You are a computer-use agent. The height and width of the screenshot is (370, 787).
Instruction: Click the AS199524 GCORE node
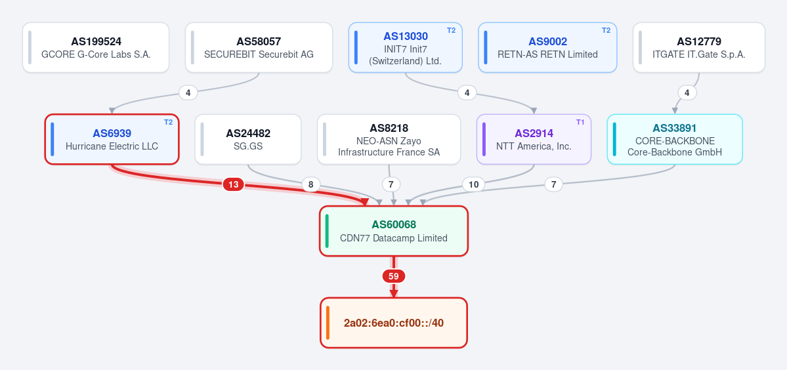(96, 48)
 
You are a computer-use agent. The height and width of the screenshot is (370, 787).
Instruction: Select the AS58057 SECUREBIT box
(259, 48)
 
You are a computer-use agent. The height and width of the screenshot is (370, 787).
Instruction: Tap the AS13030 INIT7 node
(406, 48)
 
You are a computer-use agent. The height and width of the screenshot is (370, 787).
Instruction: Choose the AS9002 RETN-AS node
(547, 48)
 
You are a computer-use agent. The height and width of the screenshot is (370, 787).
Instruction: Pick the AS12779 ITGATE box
(699, 48)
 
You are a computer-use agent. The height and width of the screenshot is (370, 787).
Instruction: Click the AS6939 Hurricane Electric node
(112, 139)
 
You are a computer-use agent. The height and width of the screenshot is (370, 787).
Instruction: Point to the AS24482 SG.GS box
(248, 139)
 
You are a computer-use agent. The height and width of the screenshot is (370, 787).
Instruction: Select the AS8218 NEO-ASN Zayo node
(389, 139)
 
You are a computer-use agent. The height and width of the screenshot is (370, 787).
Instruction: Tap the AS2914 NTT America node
(534, 139)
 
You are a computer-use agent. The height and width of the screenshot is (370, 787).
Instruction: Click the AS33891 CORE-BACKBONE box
(675, 139)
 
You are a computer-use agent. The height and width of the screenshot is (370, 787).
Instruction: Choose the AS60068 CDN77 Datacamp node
(394, 231)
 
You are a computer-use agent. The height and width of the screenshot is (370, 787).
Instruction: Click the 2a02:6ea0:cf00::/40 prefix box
(394, 323)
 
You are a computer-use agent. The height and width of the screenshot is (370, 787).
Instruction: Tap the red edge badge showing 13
(234, 184)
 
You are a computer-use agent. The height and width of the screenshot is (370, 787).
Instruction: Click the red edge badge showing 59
(394, 276)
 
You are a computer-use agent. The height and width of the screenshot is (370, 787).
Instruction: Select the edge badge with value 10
(473, 184)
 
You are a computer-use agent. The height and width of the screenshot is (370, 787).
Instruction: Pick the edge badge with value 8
(310, 184)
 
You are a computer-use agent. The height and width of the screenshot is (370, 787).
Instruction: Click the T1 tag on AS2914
(580, 122)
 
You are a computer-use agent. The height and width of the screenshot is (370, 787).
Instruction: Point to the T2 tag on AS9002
(606, 30)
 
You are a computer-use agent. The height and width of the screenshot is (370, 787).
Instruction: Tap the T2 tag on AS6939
(168, 122)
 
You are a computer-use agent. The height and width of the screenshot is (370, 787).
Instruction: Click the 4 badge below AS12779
(687, 92)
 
